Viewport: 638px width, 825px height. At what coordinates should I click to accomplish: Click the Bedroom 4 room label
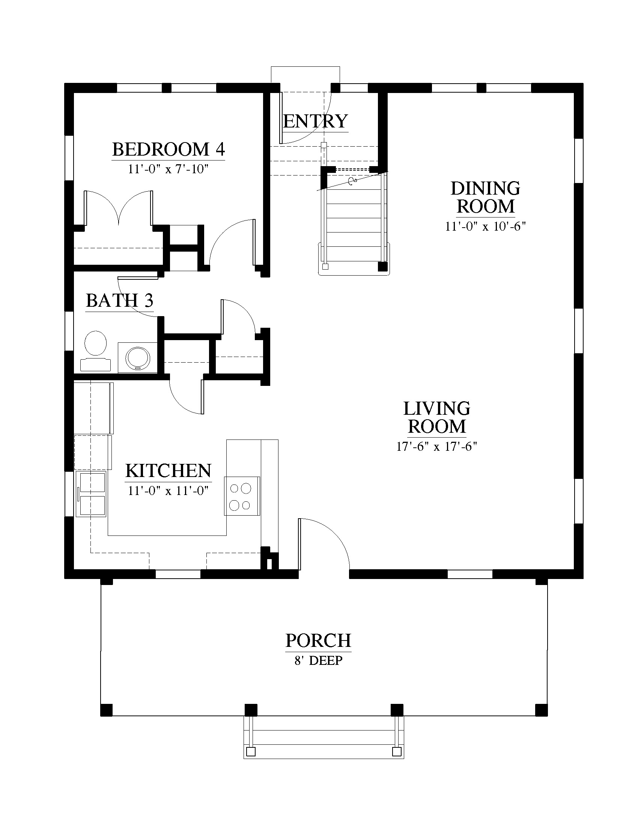169,149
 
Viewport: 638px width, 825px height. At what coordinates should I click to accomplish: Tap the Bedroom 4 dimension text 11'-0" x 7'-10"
168,169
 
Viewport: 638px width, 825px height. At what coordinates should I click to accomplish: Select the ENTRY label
315,121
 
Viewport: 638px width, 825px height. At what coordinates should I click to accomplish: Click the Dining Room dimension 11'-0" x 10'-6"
486,226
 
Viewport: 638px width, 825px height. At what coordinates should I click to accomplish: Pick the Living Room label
436,417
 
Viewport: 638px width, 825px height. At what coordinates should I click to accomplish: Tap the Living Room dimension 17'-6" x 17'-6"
436,447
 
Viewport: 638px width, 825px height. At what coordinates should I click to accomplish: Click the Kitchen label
168,471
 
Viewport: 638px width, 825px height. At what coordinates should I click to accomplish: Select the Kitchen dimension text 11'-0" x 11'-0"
168,491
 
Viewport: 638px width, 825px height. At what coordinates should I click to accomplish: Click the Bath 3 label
119,301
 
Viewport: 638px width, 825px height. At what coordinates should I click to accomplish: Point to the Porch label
318,640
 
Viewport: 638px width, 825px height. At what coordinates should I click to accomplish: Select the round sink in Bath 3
138,358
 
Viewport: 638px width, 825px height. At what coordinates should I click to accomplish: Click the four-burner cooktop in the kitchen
242,496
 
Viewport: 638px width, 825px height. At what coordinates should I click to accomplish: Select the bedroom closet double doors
119,208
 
